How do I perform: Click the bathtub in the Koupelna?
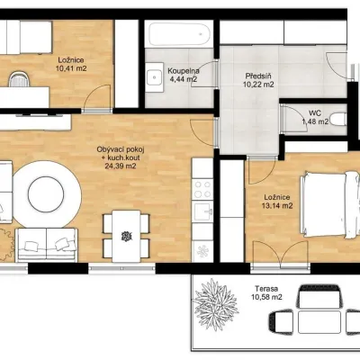point(179,33)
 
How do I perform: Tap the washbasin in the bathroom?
point(155,77)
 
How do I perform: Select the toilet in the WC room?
point(338,119)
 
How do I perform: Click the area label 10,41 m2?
point(71,68)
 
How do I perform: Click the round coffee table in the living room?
point(46,193)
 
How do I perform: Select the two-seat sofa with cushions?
point(47,245)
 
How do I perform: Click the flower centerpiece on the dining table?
point(126,237)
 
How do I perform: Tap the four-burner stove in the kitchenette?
point(202,189)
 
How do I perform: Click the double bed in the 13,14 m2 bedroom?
point(330,205)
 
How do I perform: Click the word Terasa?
point(266,289)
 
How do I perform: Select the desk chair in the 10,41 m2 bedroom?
point(19,79)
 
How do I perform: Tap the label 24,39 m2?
point(121,166)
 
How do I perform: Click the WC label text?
point(315,113)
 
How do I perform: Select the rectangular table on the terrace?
point(319,322)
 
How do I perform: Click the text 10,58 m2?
point(266,297)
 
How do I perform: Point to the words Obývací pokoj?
point(119,149)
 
